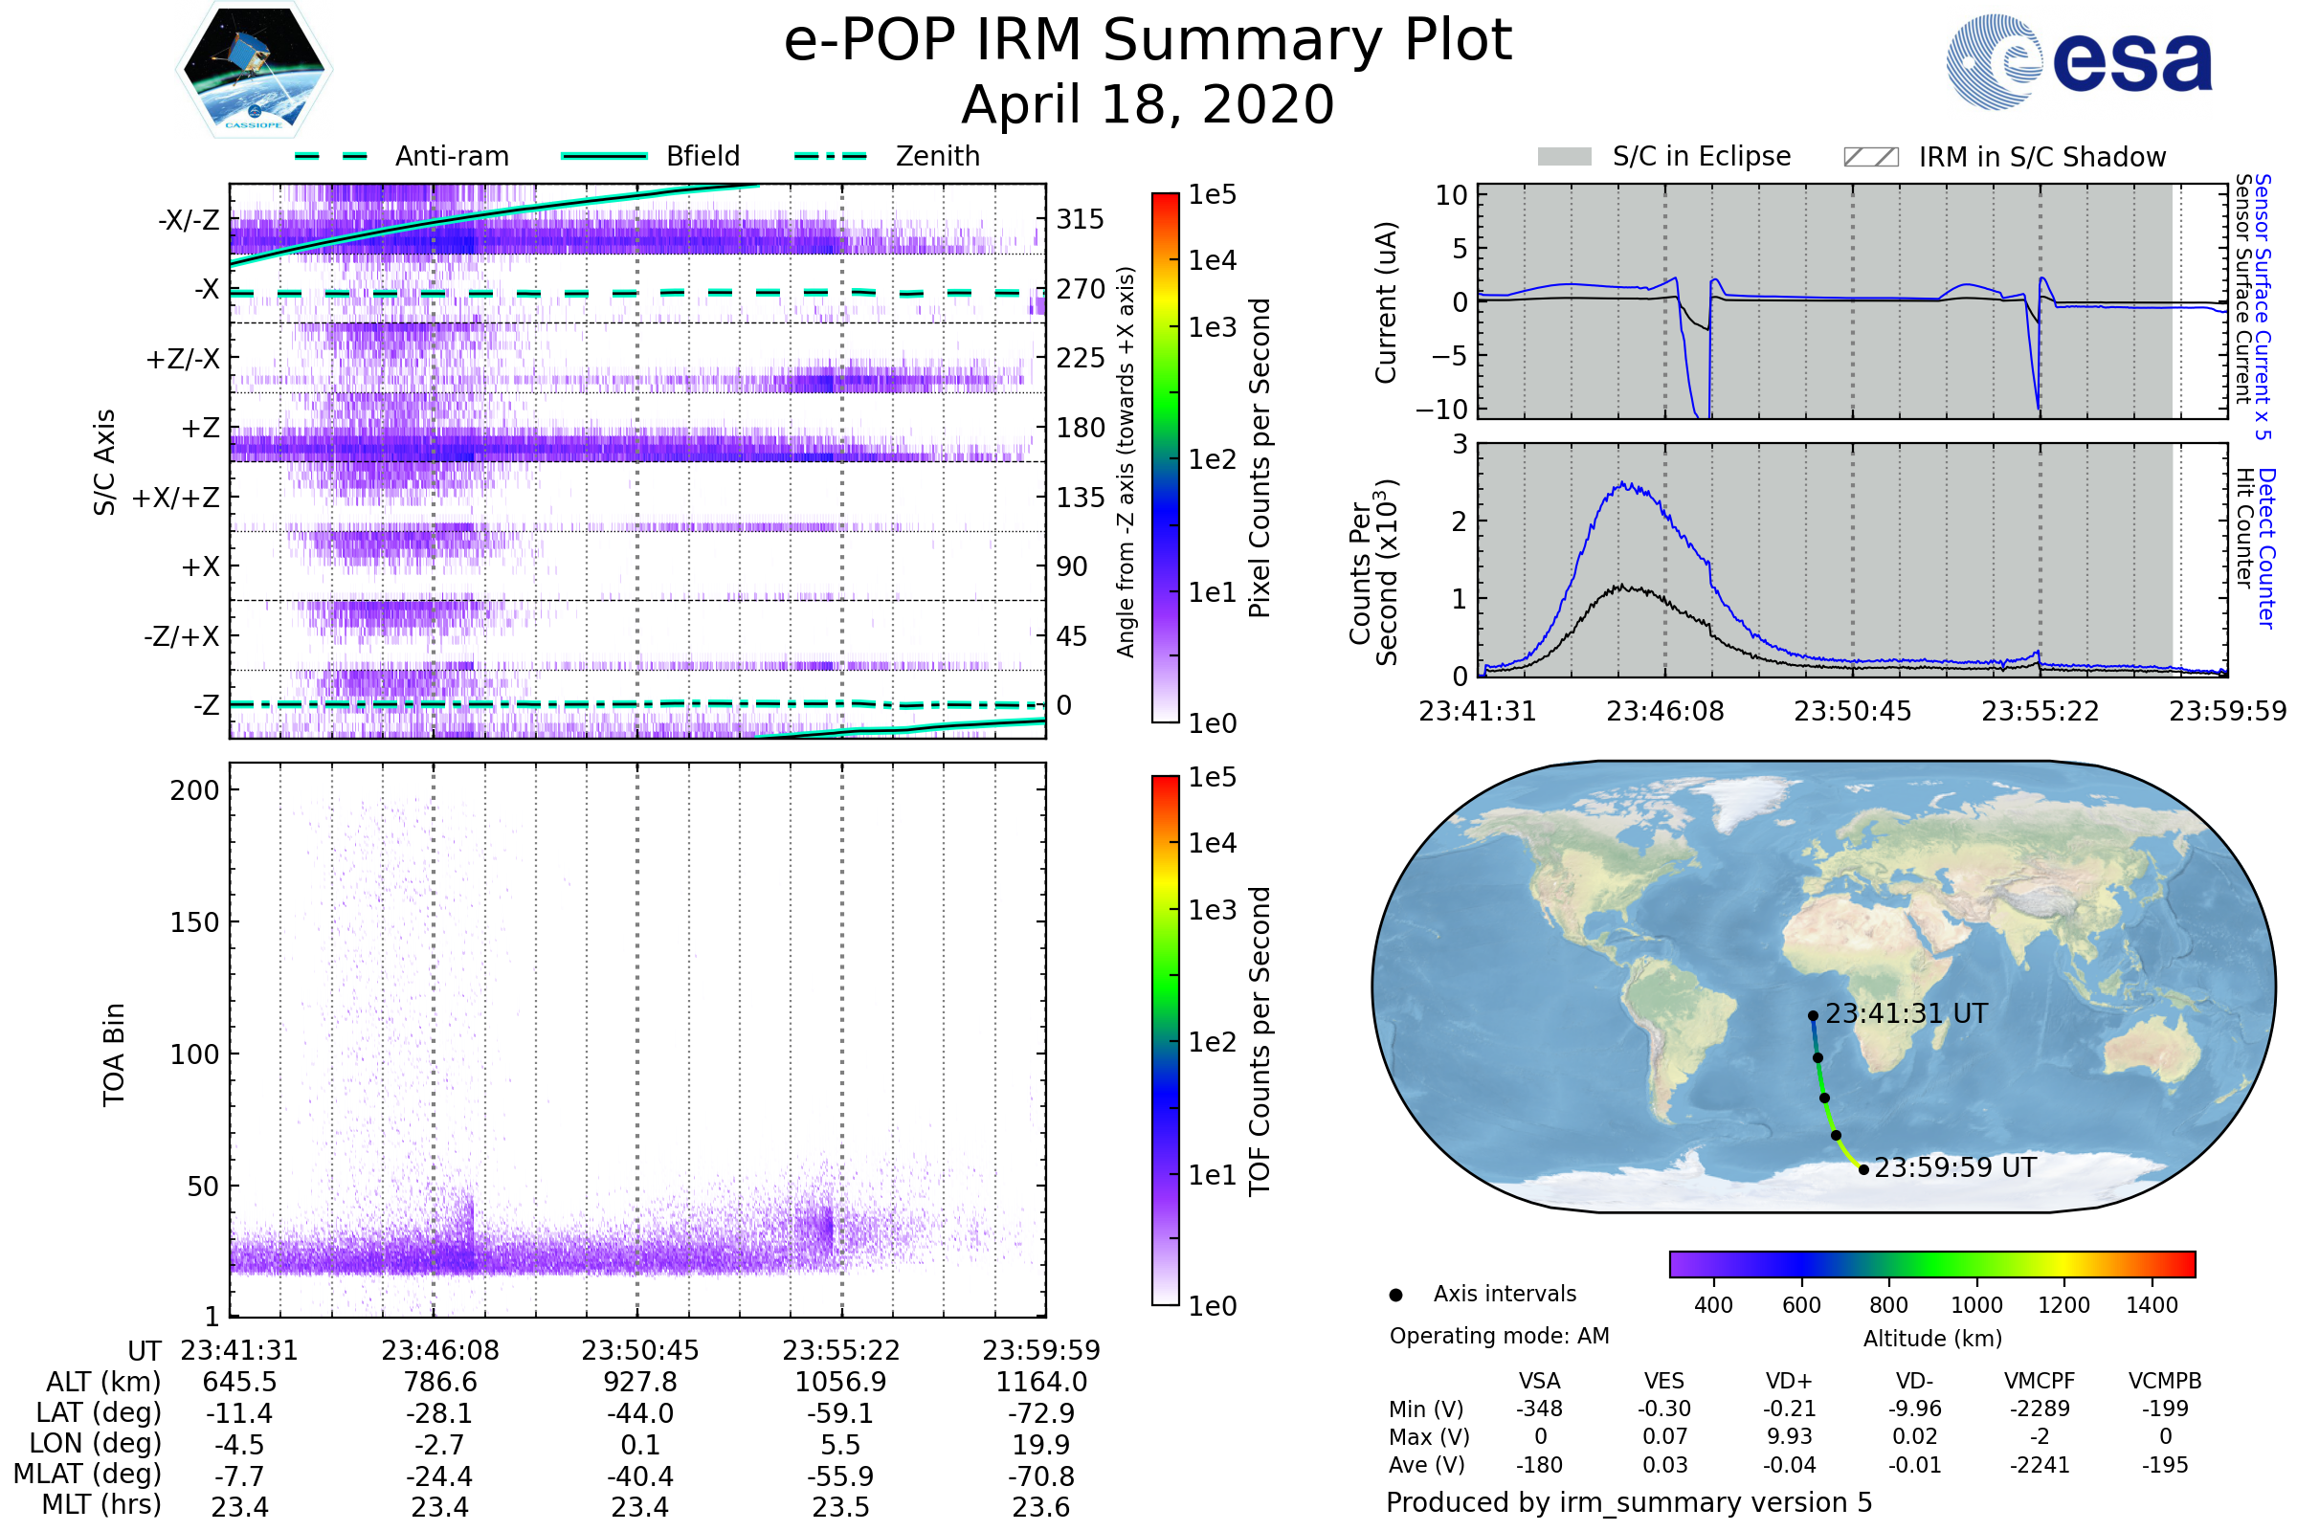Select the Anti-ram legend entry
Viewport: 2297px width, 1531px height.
click(x=451, y=156)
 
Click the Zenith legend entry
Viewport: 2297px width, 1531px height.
click(x=937, y=156)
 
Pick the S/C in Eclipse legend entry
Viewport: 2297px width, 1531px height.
click(x=1701, y=157)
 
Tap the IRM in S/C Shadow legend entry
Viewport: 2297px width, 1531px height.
click(x=2041, y=157)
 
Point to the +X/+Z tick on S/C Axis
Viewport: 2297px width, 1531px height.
click(x=176, y=498)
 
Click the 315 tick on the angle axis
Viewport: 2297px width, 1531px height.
click(x=1081, y=219)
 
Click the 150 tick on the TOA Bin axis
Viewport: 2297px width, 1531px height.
click(x=194, y=922)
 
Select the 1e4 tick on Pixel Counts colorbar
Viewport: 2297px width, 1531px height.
click(x=1212, y=260)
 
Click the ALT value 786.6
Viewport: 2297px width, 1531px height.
click(x=439, y=1382)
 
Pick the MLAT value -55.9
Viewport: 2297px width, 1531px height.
click(x=840, y=1476)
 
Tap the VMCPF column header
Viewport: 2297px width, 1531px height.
click(x=2040, y=1381)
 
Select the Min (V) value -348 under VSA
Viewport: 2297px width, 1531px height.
click(x=1539, y=1409)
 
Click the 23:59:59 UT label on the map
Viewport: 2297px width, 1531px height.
click(x=1955, y=1167)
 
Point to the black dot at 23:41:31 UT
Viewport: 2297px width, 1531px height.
click(x=1813, y=1015)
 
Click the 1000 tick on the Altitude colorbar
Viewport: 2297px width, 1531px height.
click(x=1976, y=1305)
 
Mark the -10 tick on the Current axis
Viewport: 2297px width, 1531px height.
click(x=1441, y=409)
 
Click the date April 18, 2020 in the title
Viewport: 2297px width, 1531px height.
click(x=1148, y=104)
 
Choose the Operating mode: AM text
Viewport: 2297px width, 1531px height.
click(x=1499, y=1336)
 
